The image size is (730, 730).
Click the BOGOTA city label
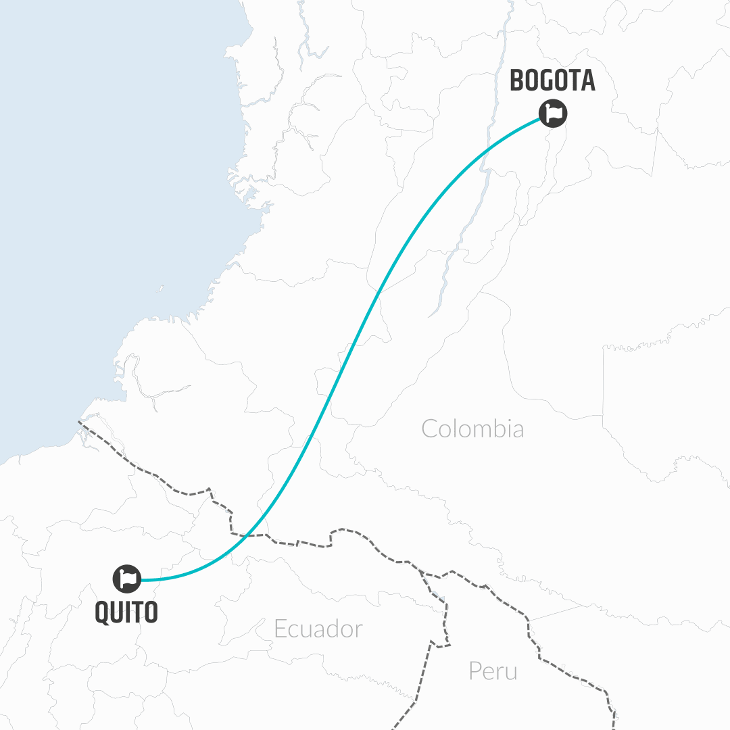pos(552,80)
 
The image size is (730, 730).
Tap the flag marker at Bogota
pos(553,113)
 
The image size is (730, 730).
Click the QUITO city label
pos(126,612)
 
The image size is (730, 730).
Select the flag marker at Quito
pos(126,579)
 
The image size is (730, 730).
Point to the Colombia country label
pos(472,429)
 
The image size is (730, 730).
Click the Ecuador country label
pos(318,629)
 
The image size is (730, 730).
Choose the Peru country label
pos(493,671)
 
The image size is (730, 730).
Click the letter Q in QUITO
pos(102,612)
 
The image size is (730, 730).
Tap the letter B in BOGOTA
pos(517,80)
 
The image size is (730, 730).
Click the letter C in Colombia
pos(429,429)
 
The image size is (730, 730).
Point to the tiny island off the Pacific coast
pos(160,289)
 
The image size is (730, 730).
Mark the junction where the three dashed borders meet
pos(421,571)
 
